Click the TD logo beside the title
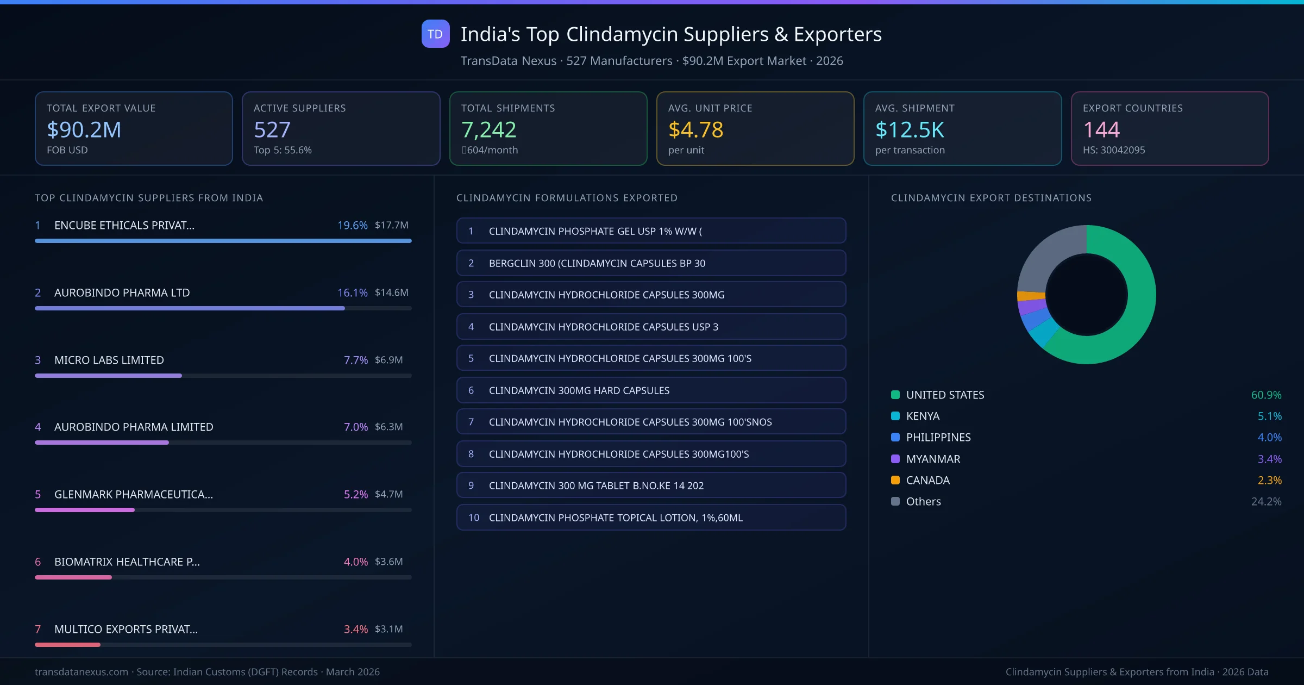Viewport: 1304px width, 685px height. (435, 34)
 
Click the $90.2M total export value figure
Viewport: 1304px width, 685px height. (84, 130)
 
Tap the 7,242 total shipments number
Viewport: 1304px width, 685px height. (488, 130)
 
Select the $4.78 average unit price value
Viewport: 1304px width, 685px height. (695, 130)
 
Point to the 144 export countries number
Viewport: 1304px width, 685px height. (1101, 130)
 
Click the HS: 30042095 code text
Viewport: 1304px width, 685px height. (1113, 150)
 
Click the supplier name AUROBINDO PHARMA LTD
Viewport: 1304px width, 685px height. (122, 292)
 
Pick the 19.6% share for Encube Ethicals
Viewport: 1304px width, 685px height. (352, 225)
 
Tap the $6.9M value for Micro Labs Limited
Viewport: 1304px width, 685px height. (388, 360)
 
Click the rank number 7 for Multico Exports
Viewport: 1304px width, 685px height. (38, 629)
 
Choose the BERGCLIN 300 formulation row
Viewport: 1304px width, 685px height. (651, 263)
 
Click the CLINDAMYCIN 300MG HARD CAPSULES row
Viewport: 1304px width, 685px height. (651, 390)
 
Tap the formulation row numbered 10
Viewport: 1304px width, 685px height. (651, 518)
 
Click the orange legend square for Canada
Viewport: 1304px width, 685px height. (895, 480)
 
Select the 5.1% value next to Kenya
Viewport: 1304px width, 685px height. (1269, 416)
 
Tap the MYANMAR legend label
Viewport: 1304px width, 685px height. (933, 459)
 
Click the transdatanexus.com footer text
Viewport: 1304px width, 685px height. (81, 672)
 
